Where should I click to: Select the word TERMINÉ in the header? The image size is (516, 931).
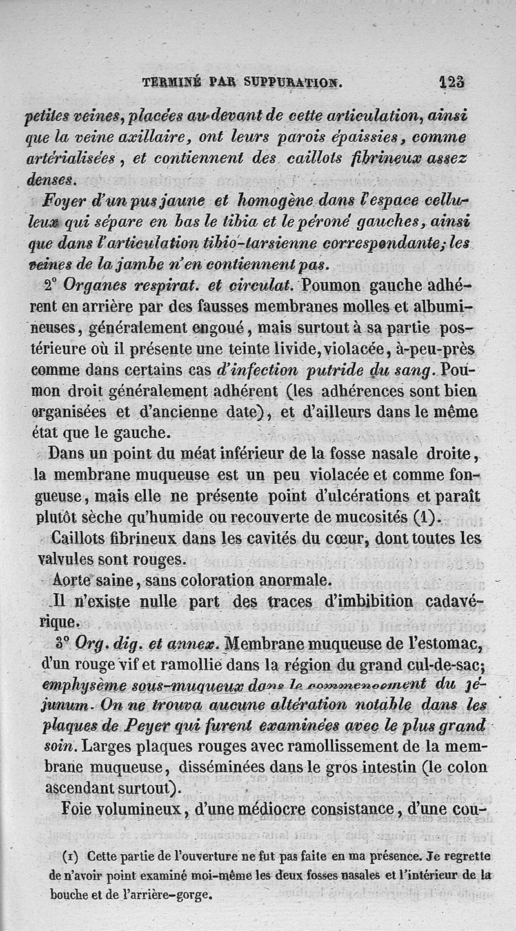[x=172, y=83]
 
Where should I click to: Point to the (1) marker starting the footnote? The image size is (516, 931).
[x=70, y=857]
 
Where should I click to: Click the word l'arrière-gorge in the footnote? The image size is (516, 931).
[x=174, y=895]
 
